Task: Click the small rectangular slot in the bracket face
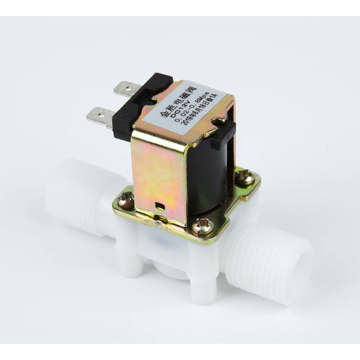(x=158, y=205)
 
